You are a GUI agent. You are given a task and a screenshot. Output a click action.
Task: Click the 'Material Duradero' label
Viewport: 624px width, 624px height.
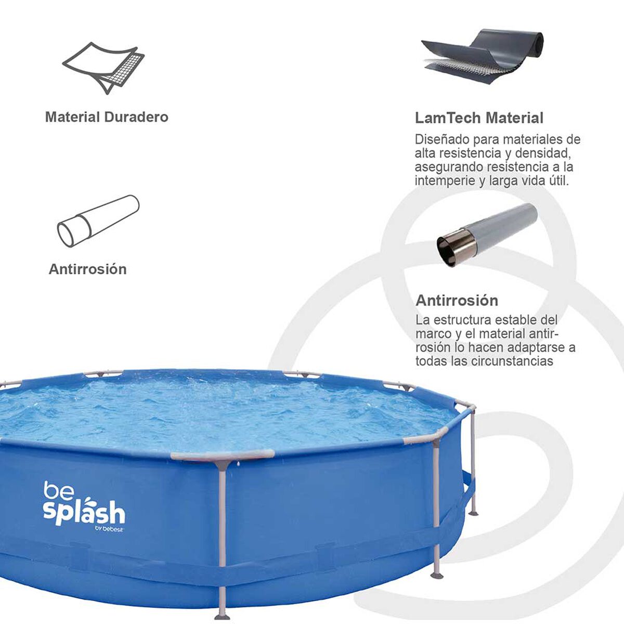click(107, 117)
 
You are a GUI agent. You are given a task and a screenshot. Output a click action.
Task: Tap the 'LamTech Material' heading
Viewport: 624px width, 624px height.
click(479, 118)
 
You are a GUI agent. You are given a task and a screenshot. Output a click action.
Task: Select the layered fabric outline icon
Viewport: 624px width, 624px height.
click(103, 68)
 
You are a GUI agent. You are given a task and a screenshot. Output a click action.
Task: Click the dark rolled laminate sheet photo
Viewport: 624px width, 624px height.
click(483, 57)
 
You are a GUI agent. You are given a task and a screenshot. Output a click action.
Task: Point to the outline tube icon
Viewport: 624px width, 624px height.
click(98, 221)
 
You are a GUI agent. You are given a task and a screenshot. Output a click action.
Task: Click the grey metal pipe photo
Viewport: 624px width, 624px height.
click(487, 235)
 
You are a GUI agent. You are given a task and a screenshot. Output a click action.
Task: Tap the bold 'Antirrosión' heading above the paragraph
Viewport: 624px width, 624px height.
click(457, 301)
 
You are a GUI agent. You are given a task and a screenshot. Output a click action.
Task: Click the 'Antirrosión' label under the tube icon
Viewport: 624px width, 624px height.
click(87, 269)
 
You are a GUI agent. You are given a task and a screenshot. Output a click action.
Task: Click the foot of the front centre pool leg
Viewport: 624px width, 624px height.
click(222, 616)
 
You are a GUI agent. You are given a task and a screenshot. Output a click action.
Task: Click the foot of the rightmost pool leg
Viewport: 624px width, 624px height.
click(473, 513)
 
